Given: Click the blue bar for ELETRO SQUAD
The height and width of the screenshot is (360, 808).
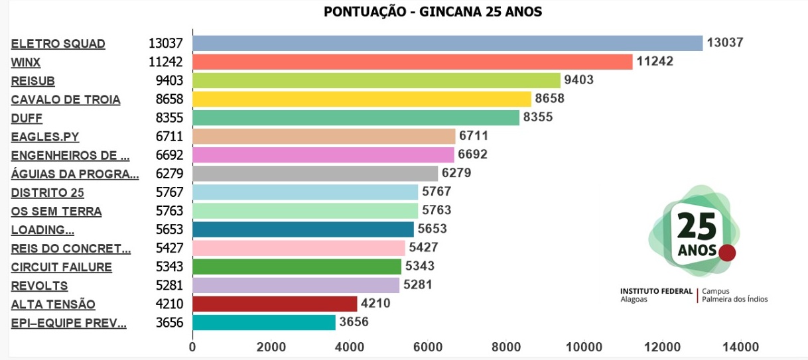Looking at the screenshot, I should [x=447, y=43].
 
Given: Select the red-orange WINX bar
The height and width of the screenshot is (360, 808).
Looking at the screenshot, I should [x=412, y=62].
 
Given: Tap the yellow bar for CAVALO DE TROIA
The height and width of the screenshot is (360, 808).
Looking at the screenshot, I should [x=362, y=99].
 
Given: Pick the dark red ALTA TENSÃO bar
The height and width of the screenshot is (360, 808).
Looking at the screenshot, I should [x=275, y=304].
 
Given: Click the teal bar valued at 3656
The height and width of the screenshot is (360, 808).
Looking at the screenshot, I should [x=264, y=323].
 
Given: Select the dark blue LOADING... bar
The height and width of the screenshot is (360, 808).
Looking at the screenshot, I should [x=303, y=229].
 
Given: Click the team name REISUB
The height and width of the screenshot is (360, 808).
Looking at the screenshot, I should [x=33, y=81].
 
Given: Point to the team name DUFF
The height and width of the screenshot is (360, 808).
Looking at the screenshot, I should [x=27, y=119].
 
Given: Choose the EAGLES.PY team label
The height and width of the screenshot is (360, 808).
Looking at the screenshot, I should [x=44, y=137].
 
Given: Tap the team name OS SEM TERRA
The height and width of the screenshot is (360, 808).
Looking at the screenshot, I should [x=56, y=211].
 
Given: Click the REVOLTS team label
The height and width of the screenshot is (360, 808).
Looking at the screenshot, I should [x=39, y=286].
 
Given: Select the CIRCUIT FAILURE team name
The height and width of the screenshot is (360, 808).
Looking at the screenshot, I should [x=61, y=267].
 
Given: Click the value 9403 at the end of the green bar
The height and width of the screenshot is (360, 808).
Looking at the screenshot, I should [x=578, y=80].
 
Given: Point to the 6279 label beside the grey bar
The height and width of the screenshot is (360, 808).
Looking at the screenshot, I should [x=456, y=174].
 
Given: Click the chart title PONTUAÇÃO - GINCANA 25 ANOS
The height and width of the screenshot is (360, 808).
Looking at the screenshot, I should [x=433, y=12].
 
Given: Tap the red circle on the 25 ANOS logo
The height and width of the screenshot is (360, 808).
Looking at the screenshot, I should [x=728, y=253].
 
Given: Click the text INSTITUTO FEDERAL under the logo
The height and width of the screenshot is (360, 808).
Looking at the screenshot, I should [x=655, y=291].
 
